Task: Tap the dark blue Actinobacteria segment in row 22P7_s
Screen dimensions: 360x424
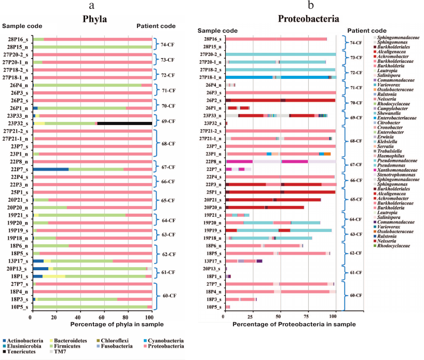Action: [51, 169]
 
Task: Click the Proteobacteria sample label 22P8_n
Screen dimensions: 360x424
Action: [212, 161]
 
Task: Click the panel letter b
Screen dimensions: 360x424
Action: [310, 6]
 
